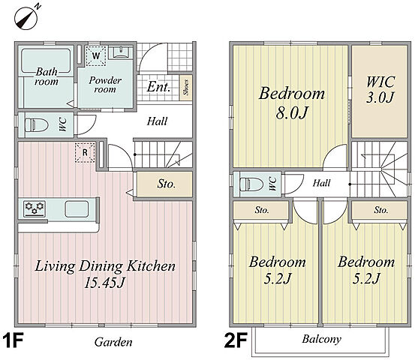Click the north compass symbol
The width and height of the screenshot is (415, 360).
[x=26, y=19]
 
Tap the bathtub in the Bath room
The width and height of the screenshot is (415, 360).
[x=46, y=61]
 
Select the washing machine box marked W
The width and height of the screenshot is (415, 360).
[x=96, y=56]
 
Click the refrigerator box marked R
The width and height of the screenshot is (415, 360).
[x=85, y=152]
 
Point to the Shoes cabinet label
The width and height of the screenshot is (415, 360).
[x=186, y=88]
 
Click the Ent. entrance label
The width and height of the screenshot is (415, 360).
[x=158, y=87]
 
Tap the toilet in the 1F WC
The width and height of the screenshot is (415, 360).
[x=36, y=124]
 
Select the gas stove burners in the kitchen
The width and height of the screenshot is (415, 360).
[x=35, y=208]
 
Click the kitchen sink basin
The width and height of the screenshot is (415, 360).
[x=77, y=209]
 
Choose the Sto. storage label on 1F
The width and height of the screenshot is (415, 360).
[x=166, y=184]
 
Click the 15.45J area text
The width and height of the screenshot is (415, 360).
[x=104, y=283]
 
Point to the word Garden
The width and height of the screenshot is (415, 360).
[x=113, y=342]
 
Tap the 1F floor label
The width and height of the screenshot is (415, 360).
[x=14, y=340]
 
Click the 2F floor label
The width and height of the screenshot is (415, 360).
[x=236, y=340]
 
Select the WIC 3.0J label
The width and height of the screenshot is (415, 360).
[x=380, y=89]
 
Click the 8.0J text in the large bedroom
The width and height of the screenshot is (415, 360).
[x=292, y=113]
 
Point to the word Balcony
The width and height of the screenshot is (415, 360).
[x=322, y=339]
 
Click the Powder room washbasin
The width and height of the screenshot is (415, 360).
[x=121, y=52]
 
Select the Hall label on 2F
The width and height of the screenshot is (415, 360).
[x=322, y=183]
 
